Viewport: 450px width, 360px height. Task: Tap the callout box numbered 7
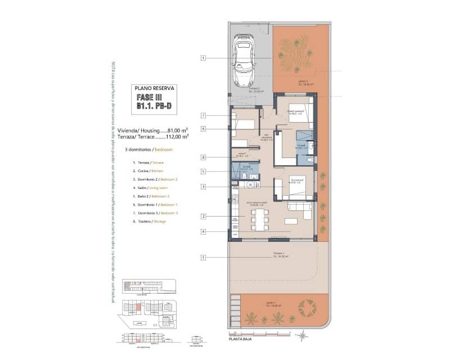[204, 115]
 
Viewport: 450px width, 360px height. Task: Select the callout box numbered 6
[204, 129]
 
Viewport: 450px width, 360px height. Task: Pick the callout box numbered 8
[204, 157]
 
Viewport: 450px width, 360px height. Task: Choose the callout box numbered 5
[204, 171]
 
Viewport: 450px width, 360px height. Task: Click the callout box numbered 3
[204, 186]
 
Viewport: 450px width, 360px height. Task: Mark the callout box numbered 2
[204, 216]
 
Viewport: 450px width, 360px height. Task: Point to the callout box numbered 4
[204, 231]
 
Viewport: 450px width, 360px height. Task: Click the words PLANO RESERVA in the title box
[155, 88]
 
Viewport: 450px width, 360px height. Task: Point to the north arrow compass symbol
[304, 336]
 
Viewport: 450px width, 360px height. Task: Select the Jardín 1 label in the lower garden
[269, 304]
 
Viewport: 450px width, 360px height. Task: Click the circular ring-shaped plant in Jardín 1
[307, 308]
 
